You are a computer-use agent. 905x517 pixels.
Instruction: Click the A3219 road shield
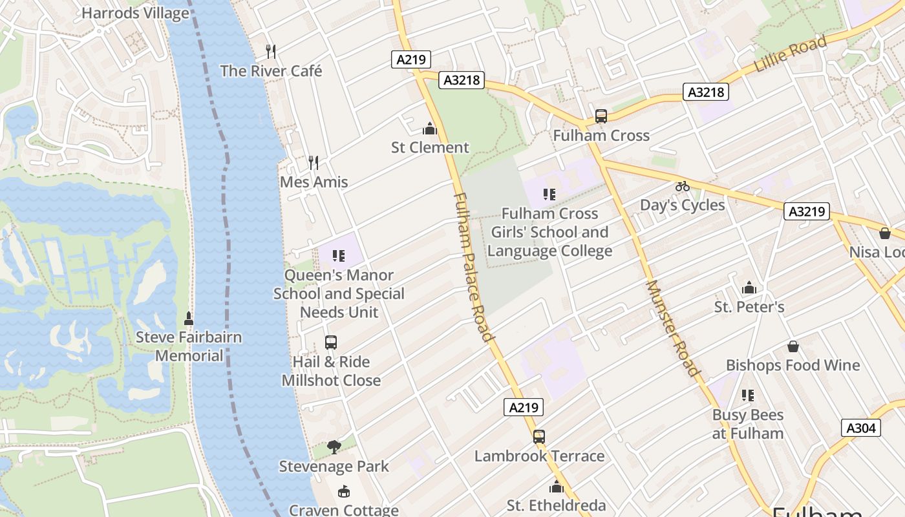pyautogui.click(x=806, y=211)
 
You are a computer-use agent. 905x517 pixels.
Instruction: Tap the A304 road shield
pyautogui.click(x=860, y=427)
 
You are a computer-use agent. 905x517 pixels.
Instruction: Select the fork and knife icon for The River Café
pyautogui.click(x=271, y=51)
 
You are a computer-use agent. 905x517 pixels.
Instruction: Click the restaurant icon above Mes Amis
pyautogui.click(x=314, y=162)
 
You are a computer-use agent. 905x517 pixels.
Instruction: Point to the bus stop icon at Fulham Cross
pyautogui.click(x=601, y=116)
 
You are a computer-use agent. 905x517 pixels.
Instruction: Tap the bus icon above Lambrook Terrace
pyautogui.click(x=539, y=436)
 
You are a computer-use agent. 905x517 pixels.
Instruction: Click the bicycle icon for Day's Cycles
pyautogui.click(x=682, y=186)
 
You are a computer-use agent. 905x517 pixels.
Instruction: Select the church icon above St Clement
pyautogui.click(x=430, y=129)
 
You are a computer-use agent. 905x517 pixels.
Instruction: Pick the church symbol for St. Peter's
pyautogui.click(x=749, y=287)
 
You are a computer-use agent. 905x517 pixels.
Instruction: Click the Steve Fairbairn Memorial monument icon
pyautogui.click(x=189, y=318)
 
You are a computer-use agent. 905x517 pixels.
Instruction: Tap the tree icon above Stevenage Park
pyautogui.click(x=334, y=447)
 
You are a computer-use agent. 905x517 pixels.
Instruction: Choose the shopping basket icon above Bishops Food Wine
pyautogui.click(x=793, y=346)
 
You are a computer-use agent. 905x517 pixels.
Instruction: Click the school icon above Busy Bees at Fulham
pyautogui.click(x=748, y=395)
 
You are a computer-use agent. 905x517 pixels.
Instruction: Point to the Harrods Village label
pyautogui.click(x=136, y=13)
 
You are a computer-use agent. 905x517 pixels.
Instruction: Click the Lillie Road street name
pyautogui.click(x=790, y=54)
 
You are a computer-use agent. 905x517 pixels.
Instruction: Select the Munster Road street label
pyautogui.click(x=672, y=327)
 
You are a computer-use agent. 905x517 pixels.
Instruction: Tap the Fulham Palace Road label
pyautogui.click(x=473, y=266)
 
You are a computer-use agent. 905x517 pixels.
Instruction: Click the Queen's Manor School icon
pyautogui.click(x=339, y=256)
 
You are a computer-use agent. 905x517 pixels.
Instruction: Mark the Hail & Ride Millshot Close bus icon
pyautogui.click(x=331, y=343)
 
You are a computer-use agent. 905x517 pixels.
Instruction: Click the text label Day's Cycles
pyautogui.click(x=682, y=206)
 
